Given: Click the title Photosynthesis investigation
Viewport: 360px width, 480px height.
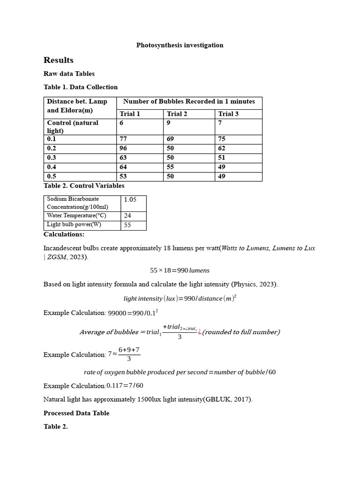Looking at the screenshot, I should coord(180,45).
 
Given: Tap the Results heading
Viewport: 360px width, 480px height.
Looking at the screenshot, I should coord(59,60).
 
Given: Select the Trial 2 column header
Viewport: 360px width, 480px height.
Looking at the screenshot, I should coord(177,114).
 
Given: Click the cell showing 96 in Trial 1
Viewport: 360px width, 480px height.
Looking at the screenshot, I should coord(123,148).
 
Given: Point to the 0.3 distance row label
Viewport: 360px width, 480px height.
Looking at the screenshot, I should coord(52,157).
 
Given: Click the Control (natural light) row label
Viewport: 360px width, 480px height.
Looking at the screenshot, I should coord(73,127).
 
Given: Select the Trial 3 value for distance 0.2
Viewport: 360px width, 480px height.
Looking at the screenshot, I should coord(222,148).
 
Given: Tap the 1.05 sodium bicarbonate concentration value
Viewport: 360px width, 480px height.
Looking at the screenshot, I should coord(130,199).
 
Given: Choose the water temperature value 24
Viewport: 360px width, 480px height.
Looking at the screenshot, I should coord(127,216).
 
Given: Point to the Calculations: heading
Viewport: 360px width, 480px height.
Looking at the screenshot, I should coord(64,234).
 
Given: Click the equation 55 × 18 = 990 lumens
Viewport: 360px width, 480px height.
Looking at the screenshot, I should coord(180,270).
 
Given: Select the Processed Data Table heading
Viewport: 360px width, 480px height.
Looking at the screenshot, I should coord(76,413).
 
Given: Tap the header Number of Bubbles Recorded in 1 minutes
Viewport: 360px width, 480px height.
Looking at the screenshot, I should coord(189,102).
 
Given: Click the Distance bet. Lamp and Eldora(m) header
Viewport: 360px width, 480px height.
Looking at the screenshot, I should coord(77,106).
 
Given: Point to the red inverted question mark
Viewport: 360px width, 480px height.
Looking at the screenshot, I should coord(200,332).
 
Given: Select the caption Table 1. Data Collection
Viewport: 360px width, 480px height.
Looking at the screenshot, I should coord(81,87).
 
